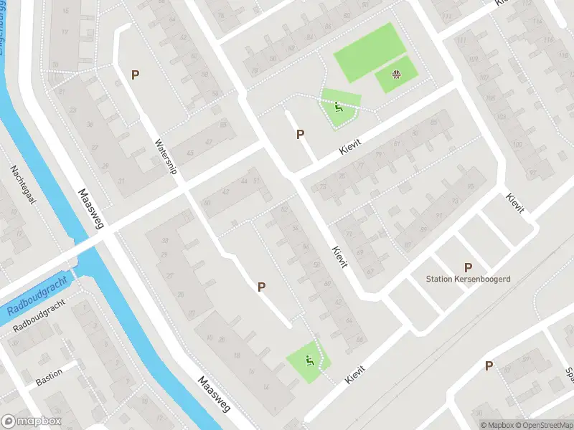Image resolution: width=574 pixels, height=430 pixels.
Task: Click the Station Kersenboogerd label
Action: tap(468, 279)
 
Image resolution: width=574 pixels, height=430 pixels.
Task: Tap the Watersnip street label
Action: tap(166, 158)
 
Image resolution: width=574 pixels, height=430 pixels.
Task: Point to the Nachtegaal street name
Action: tap(22, 186)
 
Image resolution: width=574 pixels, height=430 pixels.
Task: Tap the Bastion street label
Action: tap(50, 375)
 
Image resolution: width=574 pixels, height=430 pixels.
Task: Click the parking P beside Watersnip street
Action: tap(135, 75)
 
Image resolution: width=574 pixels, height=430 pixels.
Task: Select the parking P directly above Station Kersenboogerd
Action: tap(468, 267)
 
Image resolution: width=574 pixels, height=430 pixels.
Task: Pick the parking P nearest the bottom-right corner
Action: tap(489, 365)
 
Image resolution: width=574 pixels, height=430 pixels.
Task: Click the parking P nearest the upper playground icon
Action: tap(300, 134)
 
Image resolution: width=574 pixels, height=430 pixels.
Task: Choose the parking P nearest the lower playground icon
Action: tap(262, 287)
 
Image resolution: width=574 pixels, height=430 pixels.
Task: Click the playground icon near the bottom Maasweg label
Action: tap(310, 360)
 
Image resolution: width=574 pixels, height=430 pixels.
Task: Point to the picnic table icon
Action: tap(396, 74)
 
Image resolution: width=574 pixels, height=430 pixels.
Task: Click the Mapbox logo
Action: tap(32, 421)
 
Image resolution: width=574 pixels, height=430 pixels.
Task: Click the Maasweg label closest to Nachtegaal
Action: tap(92, 209)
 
